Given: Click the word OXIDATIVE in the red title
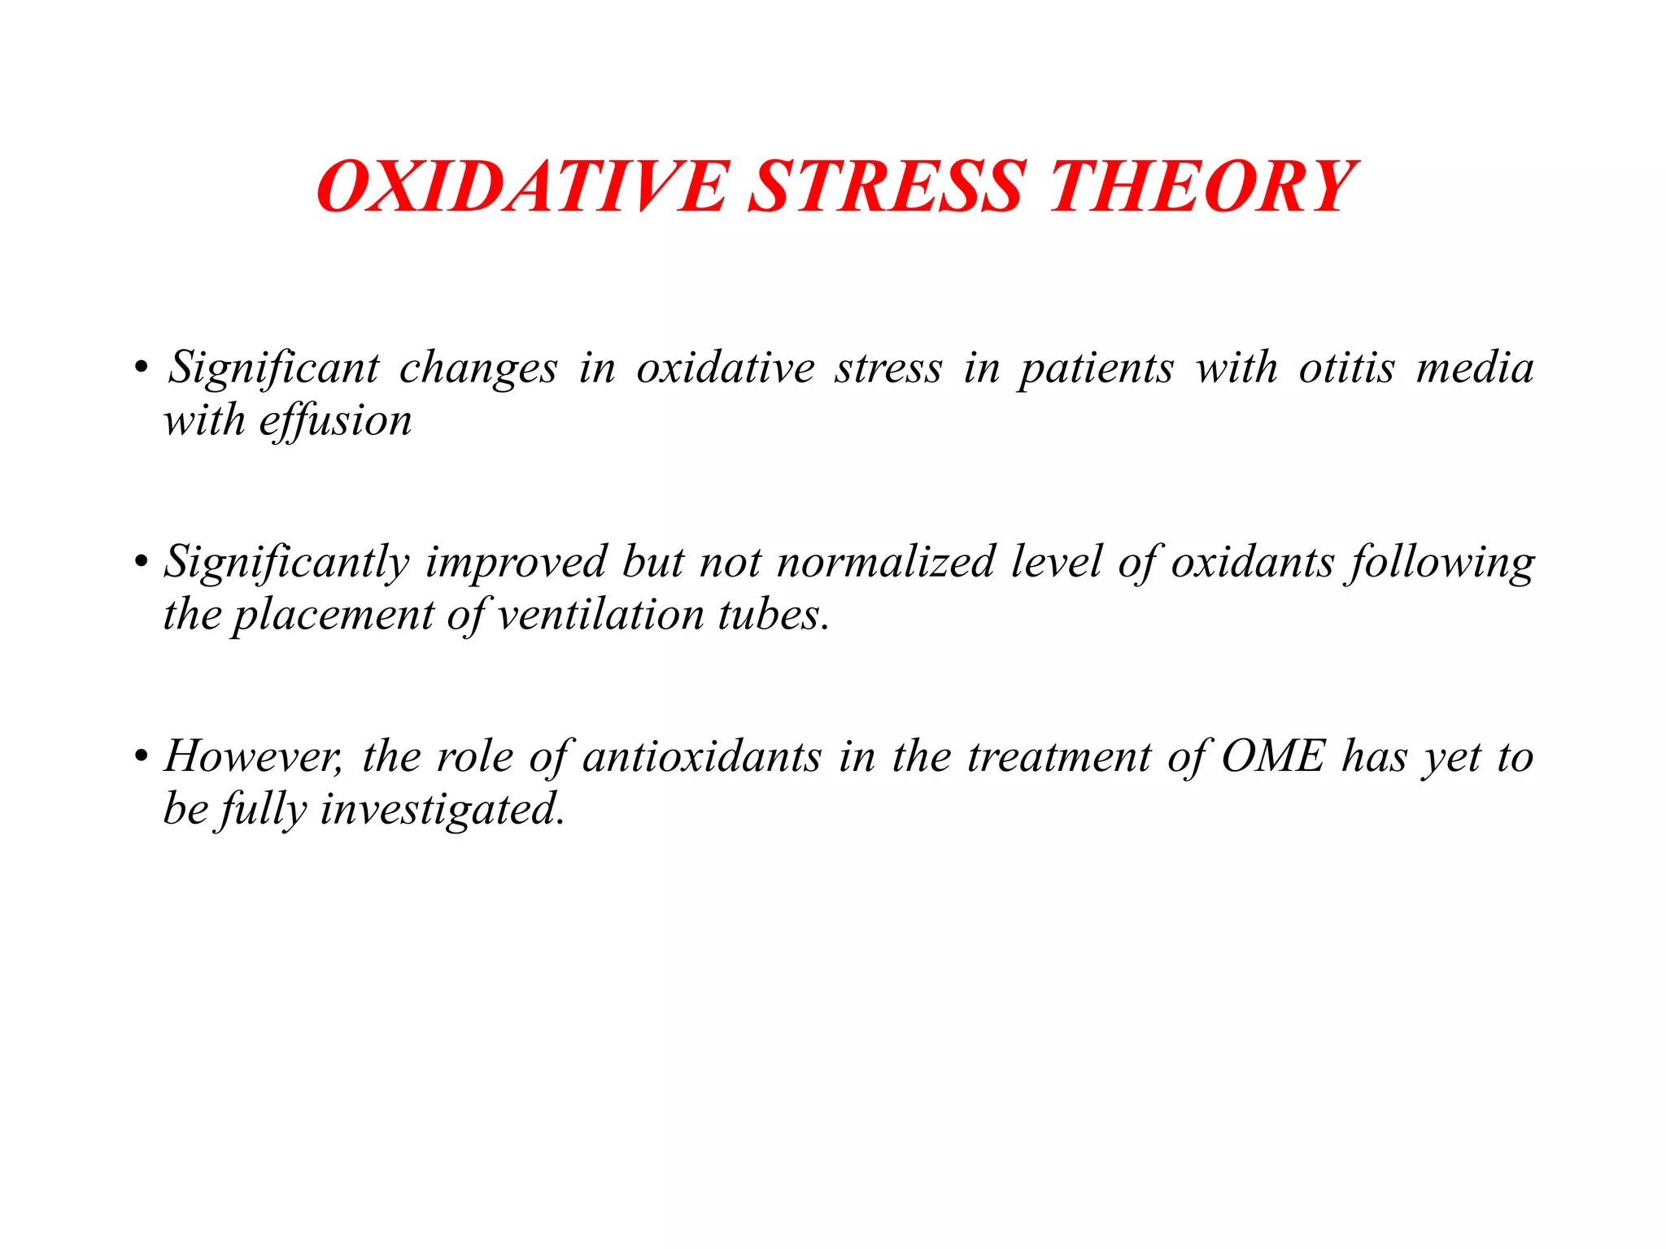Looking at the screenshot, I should click(x=521, y=187).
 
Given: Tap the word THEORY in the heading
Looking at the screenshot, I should click(x=1202, y=187).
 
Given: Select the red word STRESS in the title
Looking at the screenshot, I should click(x=885, y=187).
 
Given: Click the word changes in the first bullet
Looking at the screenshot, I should click(x=478, y=368).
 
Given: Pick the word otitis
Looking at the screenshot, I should click(x=1346, y=368).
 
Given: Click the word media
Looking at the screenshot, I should click(x=1475, y=368).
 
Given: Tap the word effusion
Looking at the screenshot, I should click(x=335, y=421).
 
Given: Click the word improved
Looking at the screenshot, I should click(x=517, y=564).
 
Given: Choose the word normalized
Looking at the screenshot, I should click(x=886, y=562).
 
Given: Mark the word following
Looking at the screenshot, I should click(x=1441, y=564).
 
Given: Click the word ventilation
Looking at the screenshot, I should click(x=600, y=615).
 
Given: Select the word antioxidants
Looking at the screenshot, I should click(x=702, y=757).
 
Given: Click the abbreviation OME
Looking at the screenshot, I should click(x=1274, y=757).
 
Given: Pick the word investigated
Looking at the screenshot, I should click(x=442, y=810).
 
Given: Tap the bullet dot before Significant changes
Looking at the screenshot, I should click(x=142, y=368).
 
